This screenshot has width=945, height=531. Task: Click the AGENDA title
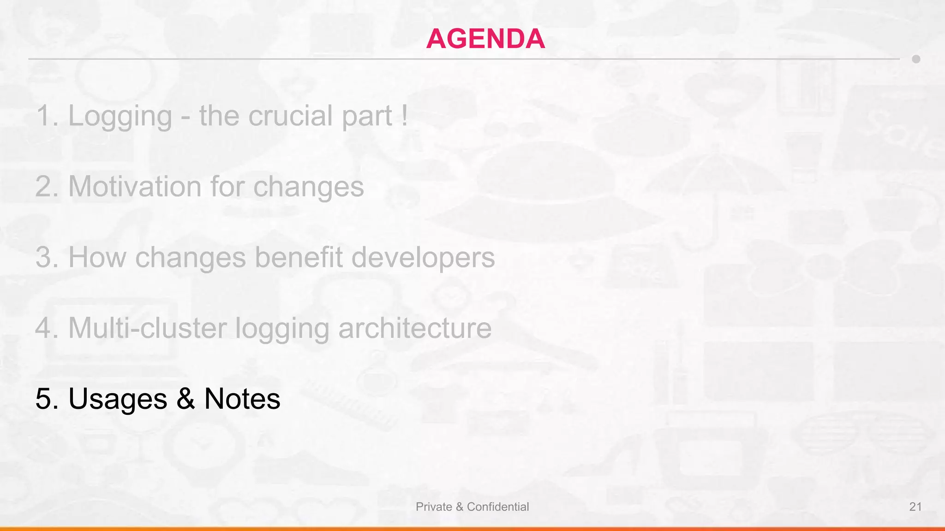485,39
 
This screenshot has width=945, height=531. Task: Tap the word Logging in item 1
120,116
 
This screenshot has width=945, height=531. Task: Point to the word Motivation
135,187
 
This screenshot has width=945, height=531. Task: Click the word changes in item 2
308,187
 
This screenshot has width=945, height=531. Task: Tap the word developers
423,258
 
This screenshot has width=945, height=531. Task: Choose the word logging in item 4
282,329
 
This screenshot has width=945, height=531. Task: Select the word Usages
118,399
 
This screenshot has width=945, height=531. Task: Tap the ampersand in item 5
185,399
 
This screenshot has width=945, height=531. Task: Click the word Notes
242,399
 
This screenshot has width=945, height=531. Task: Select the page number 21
915,507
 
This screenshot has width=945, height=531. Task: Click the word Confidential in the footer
498,507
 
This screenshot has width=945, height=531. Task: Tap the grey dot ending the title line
916,59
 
